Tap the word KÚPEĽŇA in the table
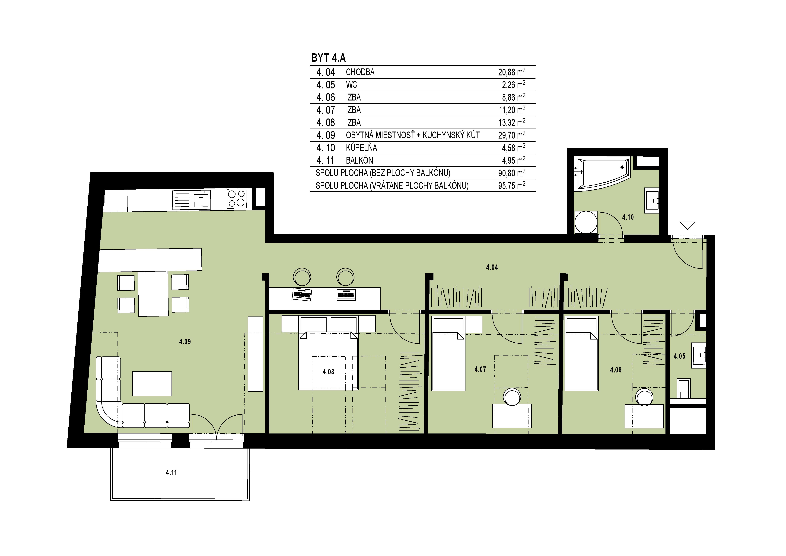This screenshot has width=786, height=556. click(x=362, y=148)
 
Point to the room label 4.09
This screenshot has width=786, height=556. click(x=185, y=342)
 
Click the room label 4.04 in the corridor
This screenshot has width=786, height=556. click(x=492, y=267)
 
